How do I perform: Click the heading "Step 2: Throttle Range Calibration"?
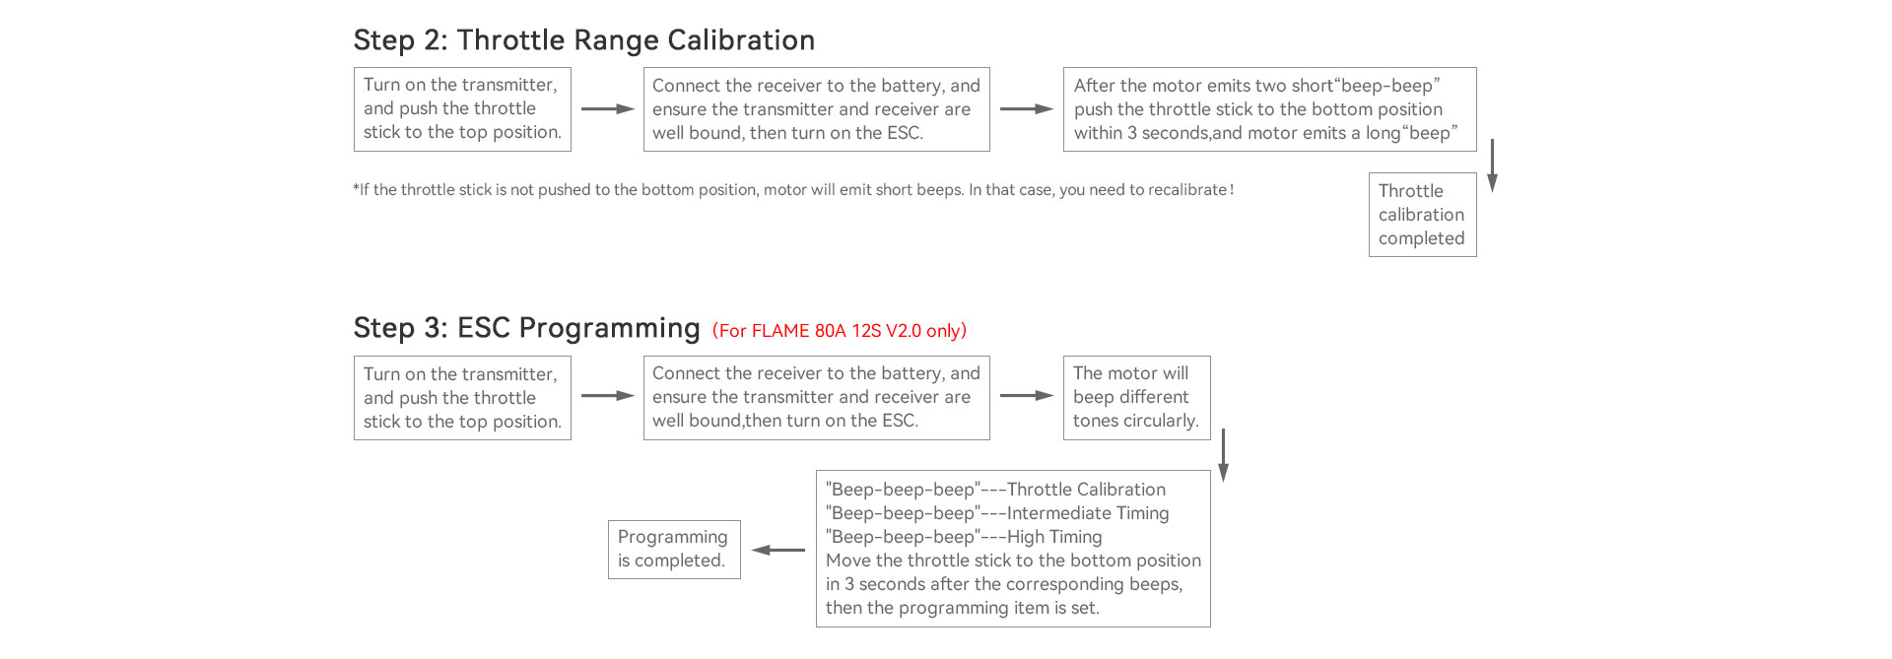584,40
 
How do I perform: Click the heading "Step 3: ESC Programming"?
526,328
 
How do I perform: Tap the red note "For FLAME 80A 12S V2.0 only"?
840,331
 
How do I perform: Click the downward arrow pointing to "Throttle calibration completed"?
1492,165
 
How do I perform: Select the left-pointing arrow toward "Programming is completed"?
778,550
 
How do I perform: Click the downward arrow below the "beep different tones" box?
1223,455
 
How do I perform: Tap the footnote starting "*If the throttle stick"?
793,190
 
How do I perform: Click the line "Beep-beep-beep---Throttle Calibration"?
995,490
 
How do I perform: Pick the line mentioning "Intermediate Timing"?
997,513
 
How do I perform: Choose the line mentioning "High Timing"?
964,537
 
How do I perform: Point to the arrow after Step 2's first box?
608,109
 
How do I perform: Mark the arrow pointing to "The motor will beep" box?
1027,396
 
